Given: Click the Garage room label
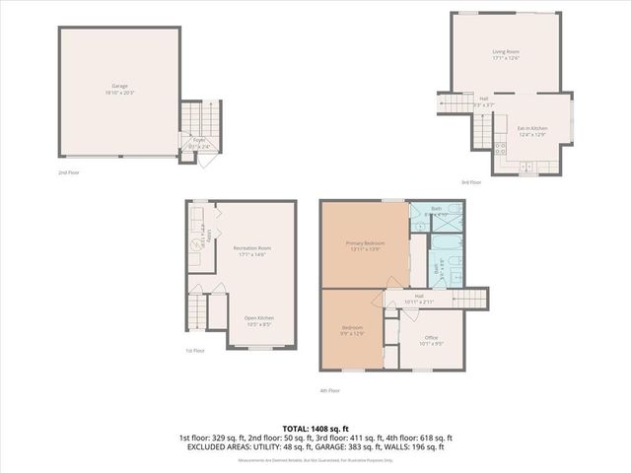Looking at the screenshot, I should pos(119,88).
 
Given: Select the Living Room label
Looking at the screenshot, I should pos(507,52).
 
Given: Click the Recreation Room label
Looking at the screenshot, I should pos(252,249).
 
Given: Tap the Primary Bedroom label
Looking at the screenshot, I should pos(363,245).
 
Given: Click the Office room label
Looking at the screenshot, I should pos(431,339).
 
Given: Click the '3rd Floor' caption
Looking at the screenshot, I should pos(471,181).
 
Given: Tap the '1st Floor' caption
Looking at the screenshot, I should pos(195,351).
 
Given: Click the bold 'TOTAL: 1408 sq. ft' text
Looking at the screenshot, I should pos(315,428).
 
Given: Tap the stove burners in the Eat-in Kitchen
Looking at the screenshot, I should pos(500,150).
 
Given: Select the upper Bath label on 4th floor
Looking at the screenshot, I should pos(436,211).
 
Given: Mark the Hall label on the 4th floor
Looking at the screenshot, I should pos(420,297).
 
